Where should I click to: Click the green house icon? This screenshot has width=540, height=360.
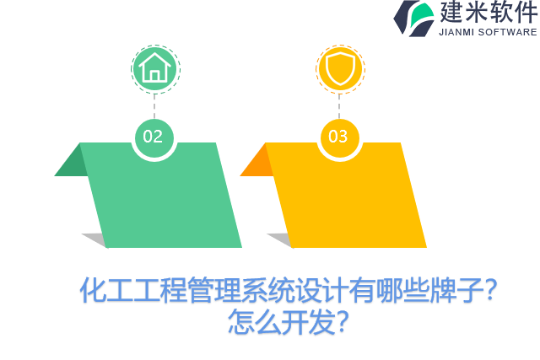click(x=154, y=67)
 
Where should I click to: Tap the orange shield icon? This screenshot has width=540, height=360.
click(x=339, y=68)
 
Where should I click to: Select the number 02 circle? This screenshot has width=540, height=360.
click(x=154, y=137)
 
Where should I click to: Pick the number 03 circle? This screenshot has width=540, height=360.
click(x=338, y=137)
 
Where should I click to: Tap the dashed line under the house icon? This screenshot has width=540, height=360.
click(x=154, y=103)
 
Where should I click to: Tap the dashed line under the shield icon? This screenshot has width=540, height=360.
click(x=339, y=103)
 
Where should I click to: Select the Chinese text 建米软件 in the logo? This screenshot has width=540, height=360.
click(x=488, y=12)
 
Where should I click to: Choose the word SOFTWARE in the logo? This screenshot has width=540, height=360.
click(x=510, y=32)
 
